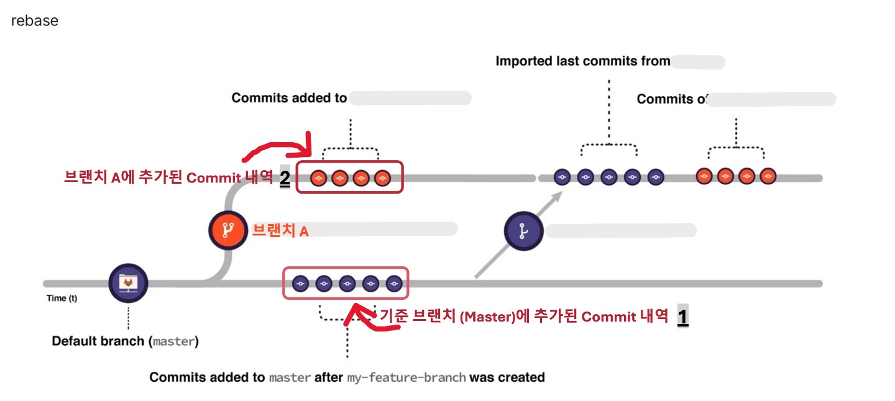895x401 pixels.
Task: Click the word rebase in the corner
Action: pos(35,20)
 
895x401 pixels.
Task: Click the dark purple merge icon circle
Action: pos(523,232)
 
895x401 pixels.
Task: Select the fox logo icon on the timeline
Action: pos(128,283)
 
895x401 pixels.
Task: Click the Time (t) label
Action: pos(62,299)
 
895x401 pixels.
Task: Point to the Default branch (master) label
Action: pos(125,341)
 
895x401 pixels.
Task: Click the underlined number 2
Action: pos(285,178)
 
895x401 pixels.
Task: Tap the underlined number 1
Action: pos(682,317)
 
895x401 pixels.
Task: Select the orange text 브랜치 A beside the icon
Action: pos(280,231)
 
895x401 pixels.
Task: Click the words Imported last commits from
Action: pos(582,61)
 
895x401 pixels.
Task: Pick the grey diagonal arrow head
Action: pos(559,194)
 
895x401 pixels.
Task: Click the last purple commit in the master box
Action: pos(394,284)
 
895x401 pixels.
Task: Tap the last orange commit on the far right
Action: pos(768,176)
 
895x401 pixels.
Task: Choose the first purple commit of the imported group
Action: pos(562,177)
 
